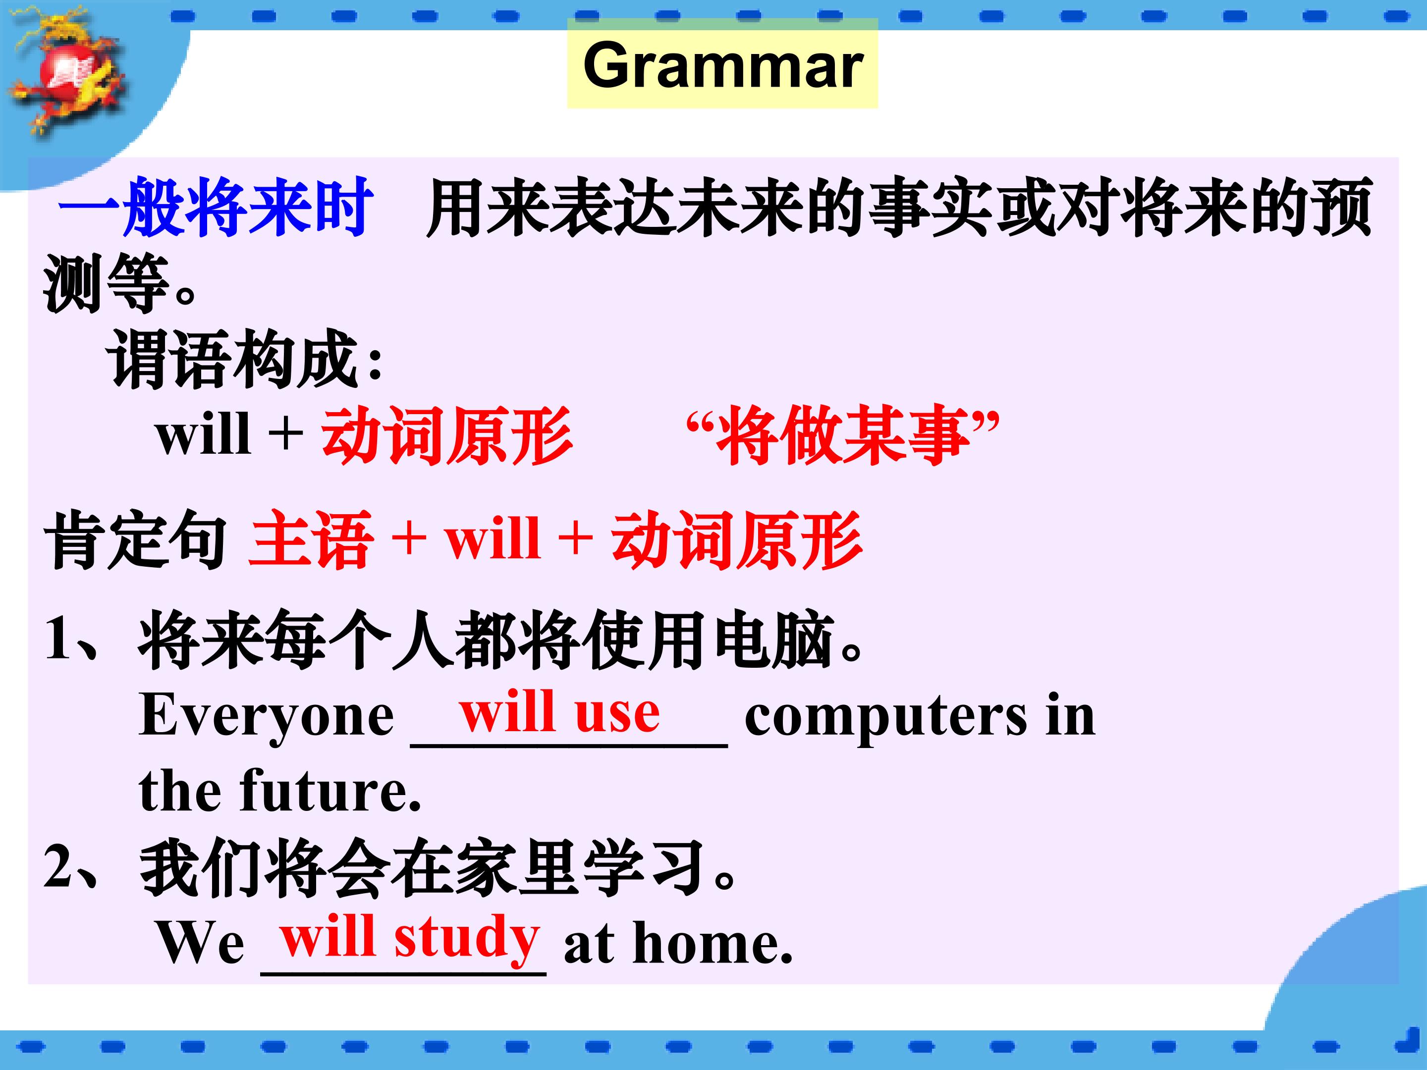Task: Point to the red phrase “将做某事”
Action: click(x=842, y=435)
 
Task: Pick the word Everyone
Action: click(x=267, y=716)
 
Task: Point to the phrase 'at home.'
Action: click(x=678, y=942)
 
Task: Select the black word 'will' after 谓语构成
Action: click(x=203, y=433)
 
